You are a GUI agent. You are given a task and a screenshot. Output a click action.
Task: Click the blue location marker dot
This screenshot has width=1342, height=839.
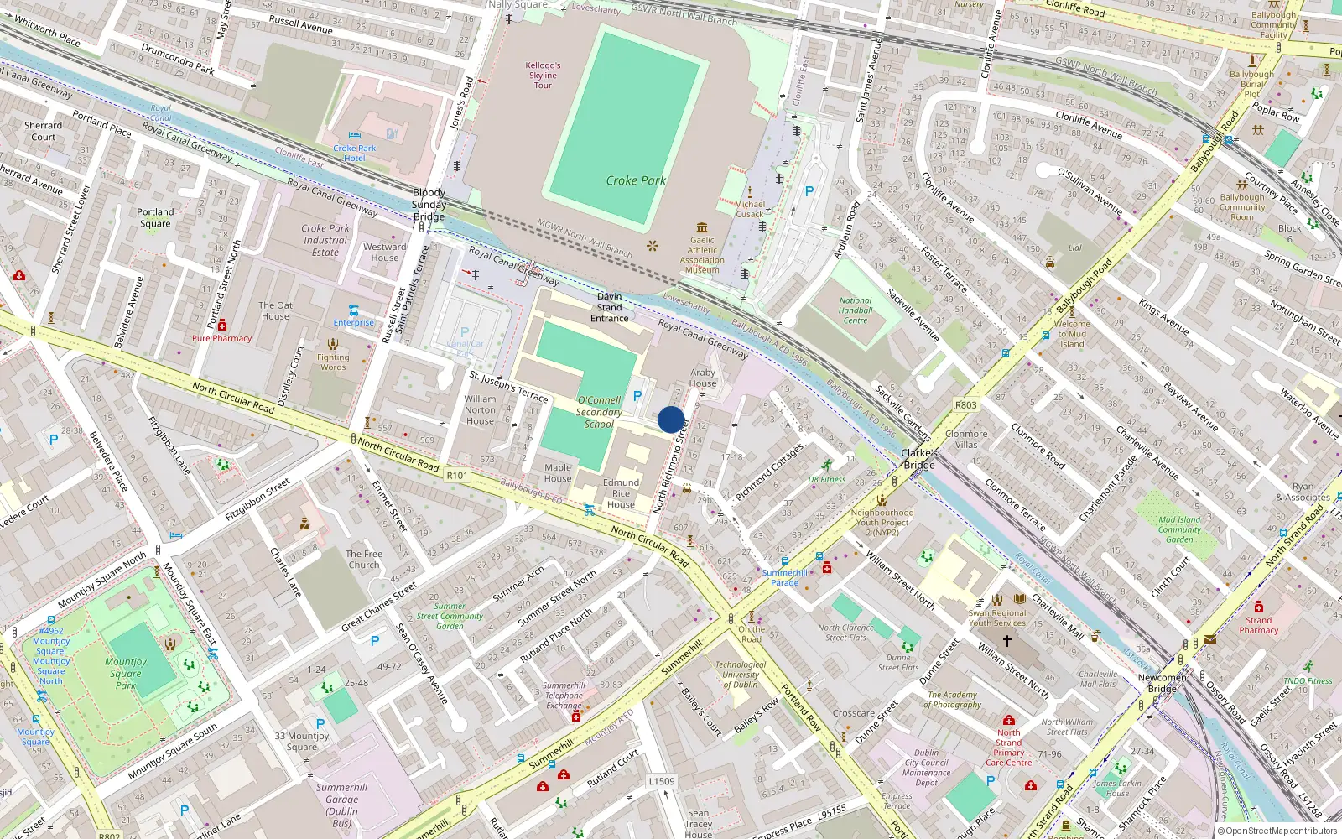click(x=670, y=419)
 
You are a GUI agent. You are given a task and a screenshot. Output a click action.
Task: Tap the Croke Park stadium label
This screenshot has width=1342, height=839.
click(x=636, y=180)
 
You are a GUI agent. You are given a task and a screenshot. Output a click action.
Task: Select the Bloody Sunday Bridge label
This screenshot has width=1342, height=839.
click(x=429, y=205)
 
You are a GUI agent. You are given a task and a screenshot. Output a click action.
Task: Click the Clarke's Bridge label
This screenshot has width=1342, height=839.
click(x=919, y=459)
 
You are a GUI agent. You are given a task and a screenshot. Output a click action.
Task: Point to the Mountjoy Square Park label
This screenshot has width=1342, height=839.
click(x=126, y=673)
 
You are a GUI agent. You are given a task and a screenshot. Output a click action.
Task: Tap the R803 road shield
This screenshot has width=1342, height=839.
click(x=966, y=404)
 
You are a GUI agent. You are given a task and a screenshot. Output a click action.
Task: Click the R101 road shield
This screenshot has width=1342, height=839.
click(x=457, y=476)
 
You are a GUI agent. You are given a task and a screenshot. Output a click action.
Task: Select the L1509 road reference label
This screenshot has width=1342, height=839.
click(x=661, y=781)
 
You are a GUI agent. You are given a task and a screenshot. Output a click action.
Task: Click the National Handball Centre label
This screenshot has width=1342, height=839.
click(x=856, y=310)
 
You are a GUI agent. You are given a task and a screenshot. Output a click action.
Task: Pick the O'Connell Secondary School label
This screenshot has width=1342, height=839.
click(x=599, y=412)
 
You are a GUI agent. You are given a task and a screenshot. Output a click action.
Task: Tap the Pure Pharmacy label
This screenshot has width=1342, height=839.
click(x=221, y=338)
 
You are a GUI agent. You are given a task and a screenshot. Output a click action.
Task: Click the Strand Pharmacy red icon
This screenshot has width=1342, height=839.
click(x=1258, y=607)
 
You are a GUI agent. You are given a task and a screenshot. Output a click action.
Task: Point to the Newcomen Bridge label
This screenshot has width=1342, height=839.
click(x=1163, y=683)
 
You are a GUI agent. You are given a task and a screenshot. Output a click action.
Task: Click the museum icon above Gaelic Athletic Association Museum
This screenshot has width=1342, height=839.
click(x=702, y=227)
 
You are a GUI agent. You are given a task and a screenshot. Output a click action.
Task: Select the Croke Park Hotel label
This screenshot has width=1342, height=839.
click(x=355, y=153)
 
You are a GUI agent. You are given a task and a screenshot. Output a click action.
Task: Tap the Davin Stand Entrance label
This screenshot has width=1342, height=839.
click(x=610, y=307)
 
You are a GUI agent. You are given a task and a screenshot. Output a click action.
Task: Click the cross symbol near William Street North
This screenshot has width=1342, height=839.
click(x=1007, y=640)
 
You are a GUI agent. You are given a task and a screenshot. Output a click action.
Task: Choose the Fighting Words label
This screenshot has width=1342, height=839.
click(x=333, y=362)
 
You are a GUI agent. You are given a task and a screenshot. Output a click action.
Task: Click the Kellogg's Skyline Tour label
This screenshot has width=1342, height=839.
click(x=543, y=75)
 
